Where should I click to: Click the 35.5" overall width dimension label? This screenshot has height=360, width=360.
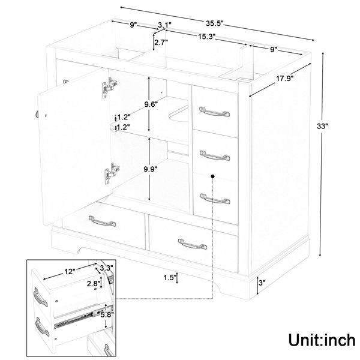pos(214,23)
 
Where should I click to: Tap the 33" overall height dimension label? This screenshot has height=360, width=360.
pos(322,126)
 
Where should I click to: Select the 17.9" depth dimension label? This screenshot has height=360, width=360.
pos(284,79)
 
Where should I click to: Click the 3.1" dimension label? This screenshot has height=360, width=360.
pos(164,25)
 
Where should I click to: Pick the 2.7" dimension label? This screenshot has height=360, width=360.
pos(161,42)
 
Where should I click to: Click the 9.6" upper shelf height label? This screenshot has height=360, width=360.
pos(151,104)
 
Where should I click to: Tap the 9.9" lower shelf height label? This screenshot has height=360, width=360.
pos(151,169)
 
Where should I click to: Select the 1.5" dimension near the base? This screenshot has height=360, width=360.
pos(170,278)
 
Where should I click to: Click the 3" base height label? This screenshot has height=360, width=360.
pos(262,283)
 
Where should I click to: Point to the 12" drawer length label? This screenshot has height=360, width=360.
pos(70,272)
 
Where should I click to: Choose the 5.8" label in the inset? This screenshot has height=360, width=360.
pos(107,314)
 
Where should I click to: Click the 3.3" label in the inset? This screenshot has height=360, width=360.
pos(107,268)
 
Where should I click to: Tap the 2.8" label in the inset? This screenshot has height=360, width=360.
pos(94,284)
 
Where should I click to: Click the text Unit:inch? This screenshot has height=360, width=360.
pos(322,340)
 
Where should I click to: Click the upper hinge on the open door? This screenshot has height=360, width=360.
pos(109,88)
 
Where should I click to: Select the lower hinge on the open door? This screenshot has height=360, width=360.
pos(112,173)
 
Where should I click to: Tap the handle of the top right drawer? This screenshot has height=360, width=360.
pos(214,112)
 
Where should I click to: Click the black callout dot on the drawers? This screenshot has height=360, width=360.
pos(212,176)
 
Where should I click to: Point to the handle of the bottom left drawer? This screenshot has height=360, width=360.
pos(102,221)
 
